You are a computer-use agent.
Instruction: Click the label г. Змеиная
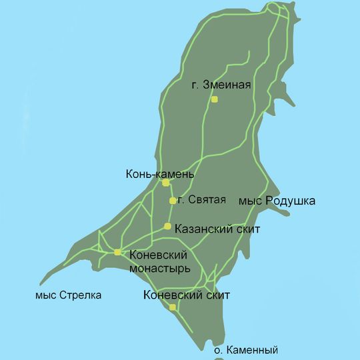point(219,85)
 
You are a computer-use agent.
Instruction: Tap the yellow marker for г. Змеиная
point(215,99)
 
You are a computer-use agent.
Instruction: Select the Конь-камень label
point(160,175)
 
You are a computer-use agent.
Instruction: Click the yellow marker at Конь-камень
point(165,183)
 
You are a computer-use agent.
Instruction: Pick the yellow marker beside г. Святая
point(173,201)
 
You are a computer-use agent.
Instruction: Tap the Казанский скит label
point(217,229)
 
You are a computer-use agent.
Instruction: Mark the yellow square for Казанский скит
point(167,226)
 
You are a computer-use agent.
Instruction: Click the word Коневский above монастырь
point(158,255)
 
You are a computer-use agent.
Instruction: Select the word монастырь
point(160,268)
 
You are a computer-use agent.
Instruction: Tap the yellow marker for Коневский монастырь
point(117,252)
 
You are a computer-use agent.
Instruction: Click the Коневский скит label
point(187,295)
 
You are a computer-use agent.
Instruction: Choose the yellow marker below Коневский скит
point(173,307)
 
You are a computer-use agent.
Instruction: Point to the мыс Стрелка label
point(70,295)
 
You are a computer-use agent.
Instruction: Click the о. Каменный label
point(245,350)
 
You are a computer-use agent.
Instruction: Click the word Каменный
point(251,350)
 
